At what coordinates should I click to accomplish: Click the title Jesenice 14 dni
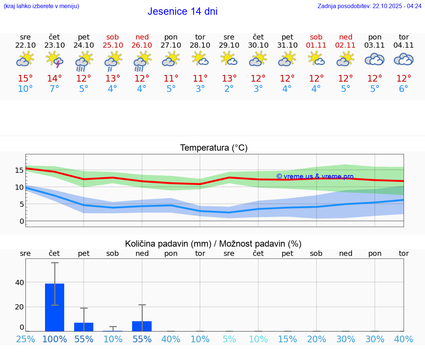pyautogui.click(x=182, y=11)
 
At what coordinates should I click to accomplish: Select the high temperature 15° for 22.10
pyautogui.click(x=25, y=79)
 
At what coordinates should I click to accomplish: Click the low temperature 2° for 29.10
pyautogui.click(x=229, y=89)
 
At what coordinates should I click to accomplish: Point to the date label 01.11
pyautogui.click(x=316, y=45)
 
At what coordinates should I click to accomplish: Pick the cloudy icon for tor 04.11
pyautogui.click(x=404, y=59)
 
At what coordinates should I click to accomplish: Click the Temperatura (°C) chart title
pyautogui.click(x=214, y=148)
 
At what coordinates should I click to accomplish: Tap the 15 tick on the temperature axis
pyautogui.click(x=19, y=170)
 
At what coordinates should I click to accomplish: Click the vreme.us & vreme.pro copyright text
pyautogui.click(x=315, y=176)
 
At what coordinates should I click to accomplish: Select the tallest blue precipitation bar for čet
pyautogui.click(x=55, y=307)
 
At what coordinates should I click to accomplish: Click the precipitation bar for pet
pyautogui.click(x=84, y=327)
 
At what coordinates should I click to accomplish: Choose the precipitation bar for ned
pyautogui.click(x=142, y=326)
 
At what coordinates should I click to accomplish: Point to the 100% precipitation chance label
pyautogui.click(x=55, y=339)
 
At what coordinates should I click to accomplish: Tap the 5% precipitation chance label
pyautogui.click(x=229, y=339)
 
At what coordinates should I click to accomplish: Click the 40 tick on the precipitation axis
pyautogui.click(x=19, y=283)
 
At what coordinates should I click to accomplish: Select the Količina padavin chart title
pyautogui.click(x=213, y=244)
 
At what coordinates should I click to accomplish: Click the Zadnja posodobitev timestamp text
pyautogui.click(x=369, y=6)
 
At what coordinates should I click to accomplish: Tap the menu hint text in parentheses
pyautogui.click(x=41, y=6)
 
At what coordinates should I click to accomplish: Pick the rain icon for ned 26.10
pyautogui.click(x=142, y=61)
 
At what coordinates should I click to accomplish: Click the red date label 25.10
pyautogui.click(x=113, y=45)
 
